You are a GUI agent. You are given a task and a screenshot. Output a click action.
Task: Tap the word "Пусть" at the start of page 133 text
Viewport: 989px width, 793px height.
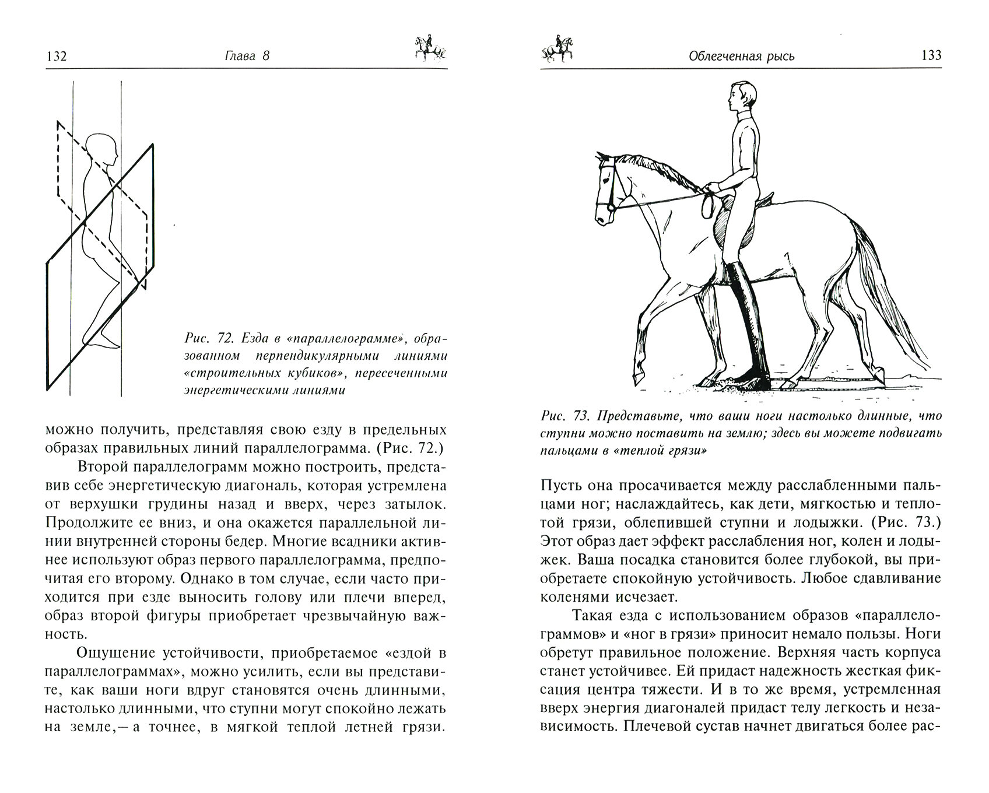(562, 486)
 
